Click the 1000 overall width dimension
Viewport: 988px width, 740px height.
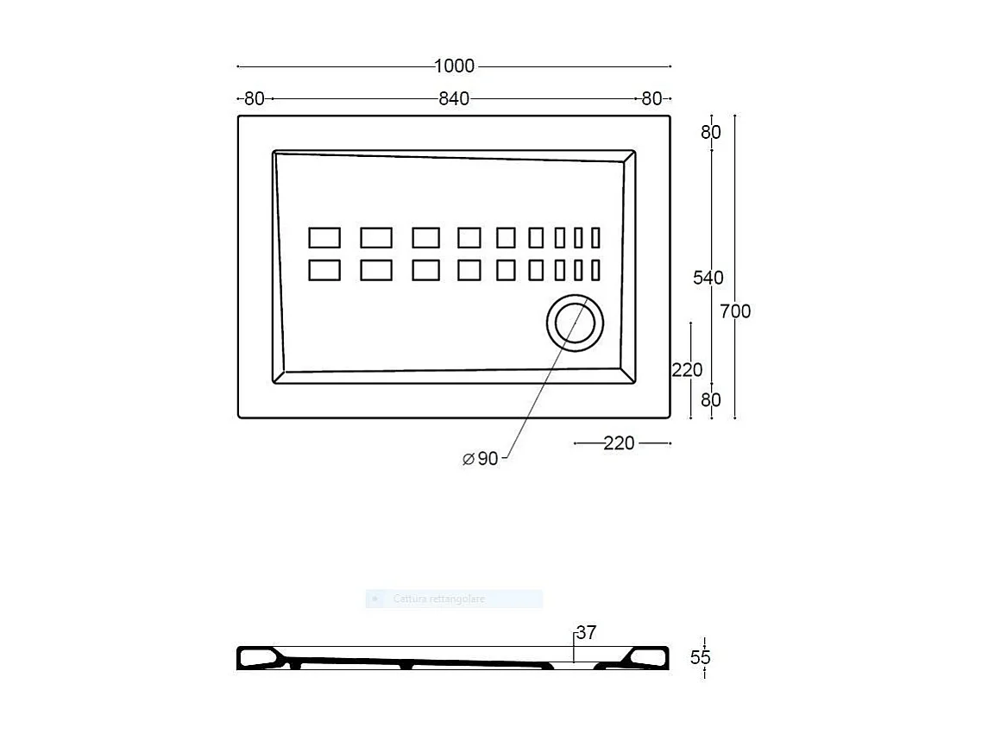click(454, 66)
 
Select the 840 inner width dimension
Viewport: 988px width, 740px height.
click(454, 99)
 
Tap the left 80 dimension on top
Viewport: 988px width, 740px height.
click(254, 99)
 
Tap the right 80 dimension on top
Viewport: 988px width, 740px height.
click(651, 99)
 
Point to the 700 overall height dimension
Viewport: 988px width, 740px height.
click(736, 311)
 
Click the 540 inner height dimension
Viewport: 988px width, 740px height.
click(708, 278)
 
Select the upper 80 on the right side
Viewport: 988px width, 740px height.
click(710, 133)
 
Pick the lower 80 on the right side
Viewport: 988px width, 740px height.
click(710, 400)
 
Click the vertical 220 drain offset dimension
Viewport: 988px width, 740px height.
click(687, 370)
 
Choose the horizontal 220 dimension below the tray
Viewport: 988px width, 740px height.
click(619, 443)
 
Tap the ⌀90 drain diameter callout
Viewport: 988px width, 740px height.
click(481, 459)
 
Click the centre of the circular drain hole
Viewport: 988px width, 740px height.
click(575, 323)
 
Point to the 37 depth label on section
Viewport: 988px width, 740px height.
click(586, 633)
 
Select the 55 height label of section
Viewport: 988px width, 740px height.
click(701, 657)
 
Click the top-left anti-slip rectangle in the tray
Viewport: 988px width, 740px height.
click(324, 238)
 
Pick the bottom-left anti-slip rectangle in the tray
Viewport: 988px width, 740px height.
click(324, 270)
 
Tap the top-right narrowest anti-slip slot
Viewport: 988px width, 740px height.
click(595, 238)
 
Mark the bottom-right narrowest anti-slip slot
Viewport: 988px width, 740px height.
click(595, 270)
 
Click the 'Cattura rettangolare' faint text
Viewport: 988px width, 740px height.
click(439, 599)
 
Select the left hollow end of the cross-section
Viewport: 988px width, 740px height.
click(259, 659)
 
